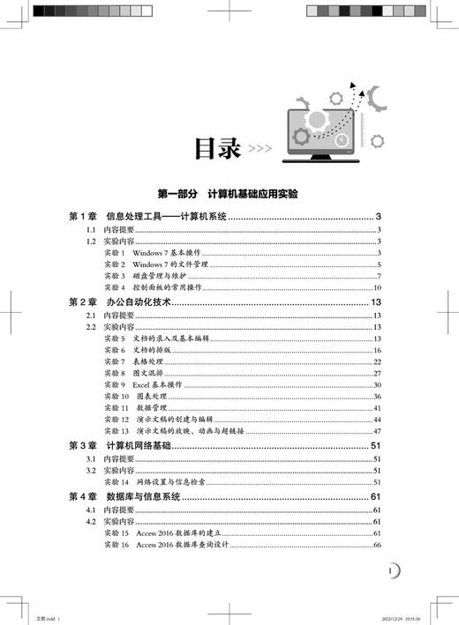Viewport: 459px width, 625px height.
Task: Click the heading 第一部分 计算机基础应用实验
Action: point(228,194)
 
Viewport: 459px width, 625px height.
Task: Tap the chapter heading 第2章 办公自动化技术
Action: point(123,302)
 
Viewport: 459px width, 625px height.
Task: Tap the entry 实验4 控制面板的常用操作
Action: point(156,287)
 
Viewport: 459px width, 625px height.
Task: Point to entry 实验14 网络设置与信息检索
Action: point(162,481)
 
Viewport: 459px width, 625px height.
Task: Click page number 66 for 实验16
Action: point(376,546)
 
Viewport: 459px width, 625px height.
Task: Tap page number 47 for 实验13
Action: point(376,431)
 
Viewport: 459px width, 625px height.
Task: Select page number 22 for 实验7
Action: point(376,361)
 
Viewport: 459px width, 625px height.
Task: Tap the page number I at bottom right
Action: point(391,571)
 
